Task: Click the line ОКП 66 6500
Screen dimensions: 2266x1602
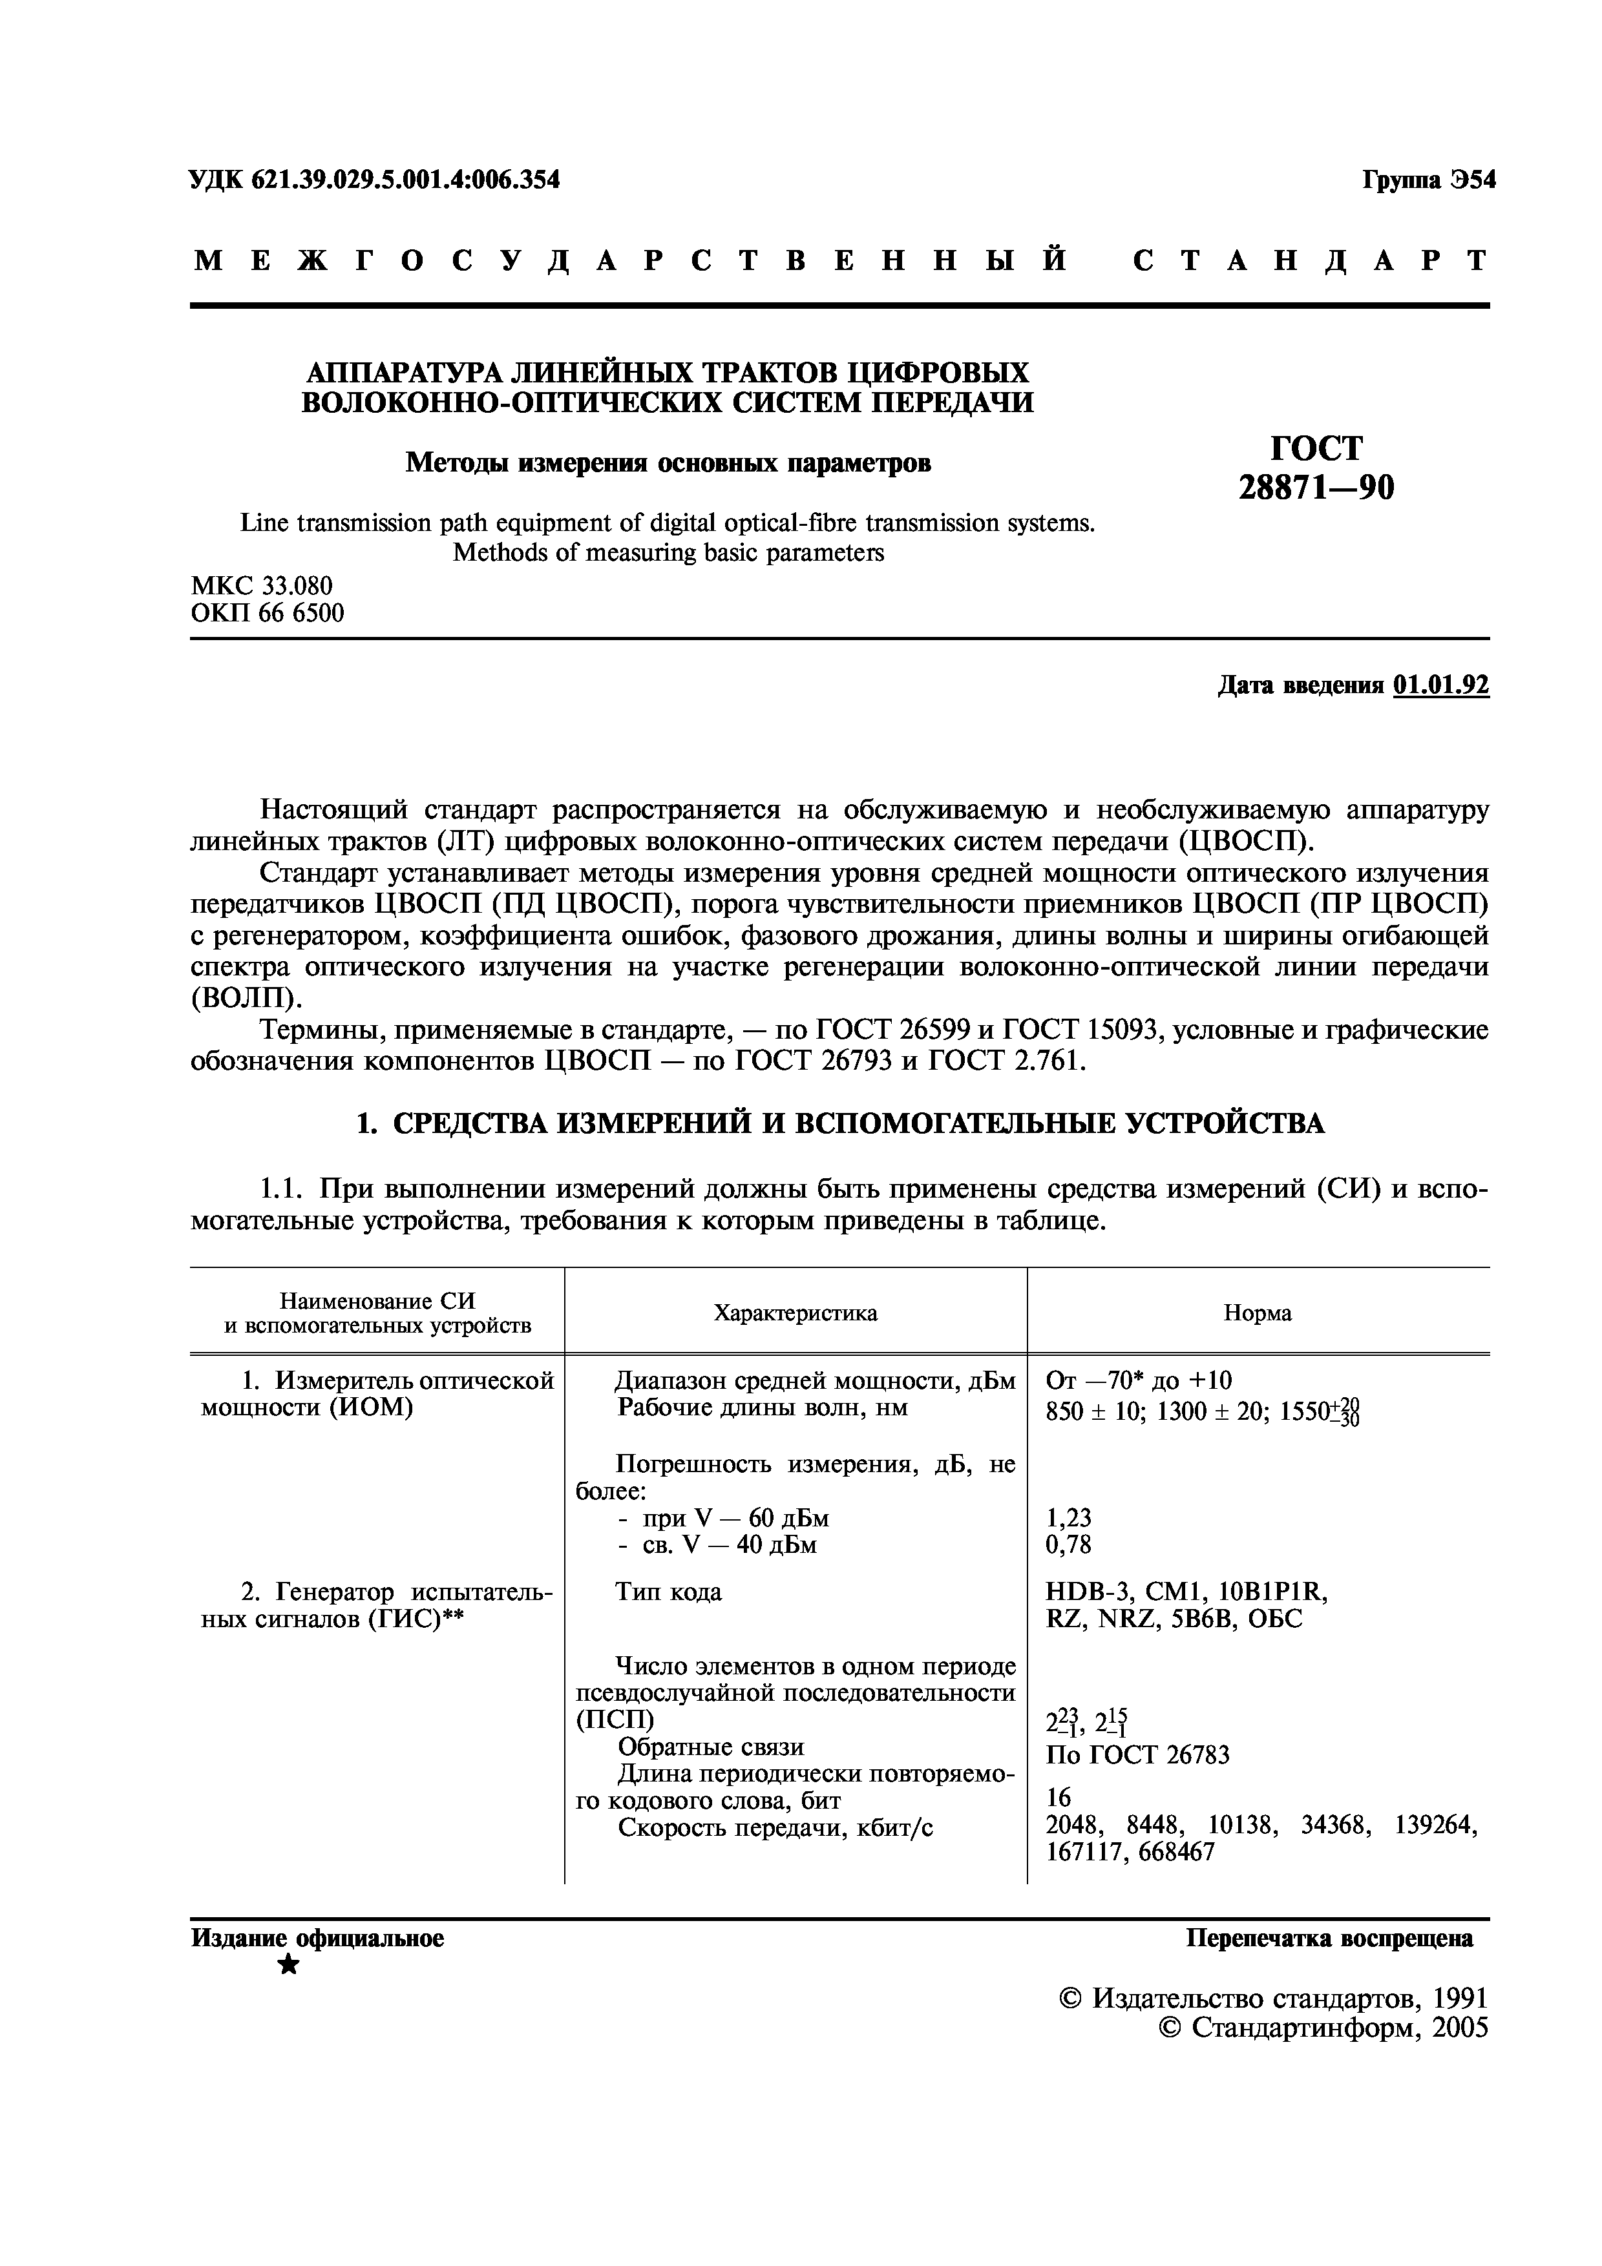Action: (x=268, y=614)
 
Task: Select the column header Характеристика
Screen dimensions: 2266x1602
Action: (x=795, y=1313)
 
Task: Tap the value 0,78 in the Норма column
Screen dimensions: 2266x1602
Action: (x=1068, y=1544)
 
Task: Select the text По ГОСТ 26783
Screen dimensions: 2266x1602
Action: (x=1137, y=1755)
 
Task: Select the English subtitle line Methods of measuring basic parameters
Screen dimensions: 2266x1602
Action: (x=668, y=553)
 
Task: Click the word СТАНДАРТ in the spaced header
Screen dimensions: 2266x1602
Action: (x=1311, y=262)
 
